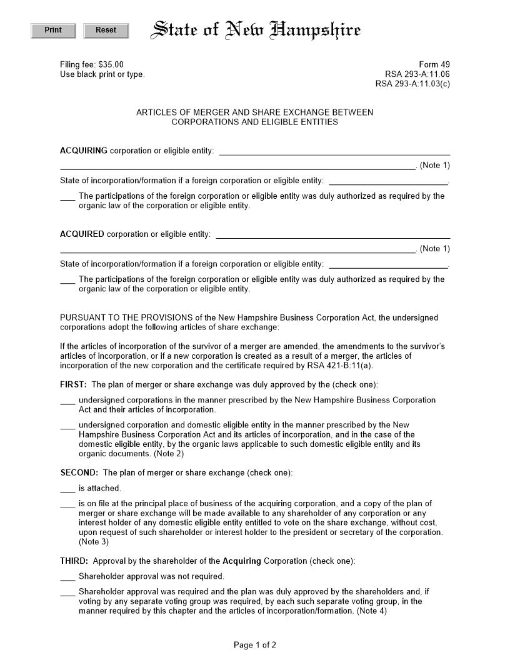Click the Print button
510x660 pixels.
pos(53,31)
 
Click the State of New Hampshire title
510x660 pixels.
pos(256,30)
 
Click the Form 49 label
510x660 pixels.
pos(434,64)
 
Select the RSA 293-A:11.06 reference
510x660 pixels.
pos(417,74)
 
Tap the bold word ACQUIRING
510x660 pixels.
pos(84,151)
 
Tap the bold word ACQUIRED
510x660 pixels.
pos(82,234)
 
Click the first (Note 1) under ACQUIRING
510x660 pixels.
pos(434,166)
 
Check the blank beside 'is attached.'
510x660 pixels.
pos(67,489)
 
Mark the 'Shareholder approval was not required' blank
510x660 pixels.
pos(67,577)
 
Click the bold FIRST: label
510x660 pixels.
pos(73,384)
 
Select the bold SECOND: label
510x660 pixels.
pos(79,473)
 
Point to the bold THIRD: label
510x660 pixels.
pos(74,561)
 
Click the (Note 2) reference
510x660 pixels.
pos(169,454)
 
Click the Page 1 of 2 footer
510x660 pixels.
pos(255,645)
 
